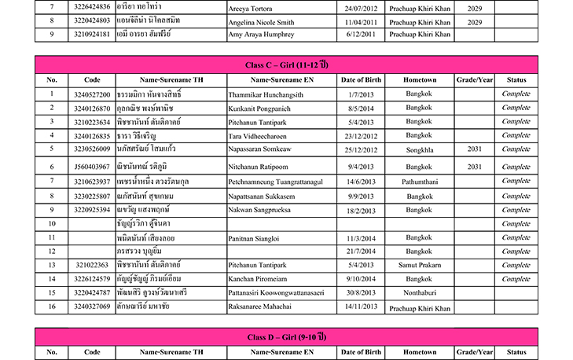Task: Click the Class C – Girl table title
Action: coord(286,64)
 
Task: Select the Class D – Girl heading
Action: coord(286,337)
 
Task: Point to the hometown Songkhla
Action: coord(420,148)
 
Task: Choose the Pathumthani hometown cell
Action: coord(420,181)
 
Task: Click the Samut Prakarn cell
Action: coord(420,265)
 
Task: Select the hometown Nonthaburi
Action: coord(420,292)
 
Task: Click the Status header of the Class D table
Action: coord(516,353)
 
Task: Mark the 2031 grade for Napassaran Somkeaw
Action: coord(474,148)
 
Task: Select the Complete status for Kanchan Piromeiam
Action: coord(516,279)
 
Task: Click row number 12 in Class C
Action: coord(51,251)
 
